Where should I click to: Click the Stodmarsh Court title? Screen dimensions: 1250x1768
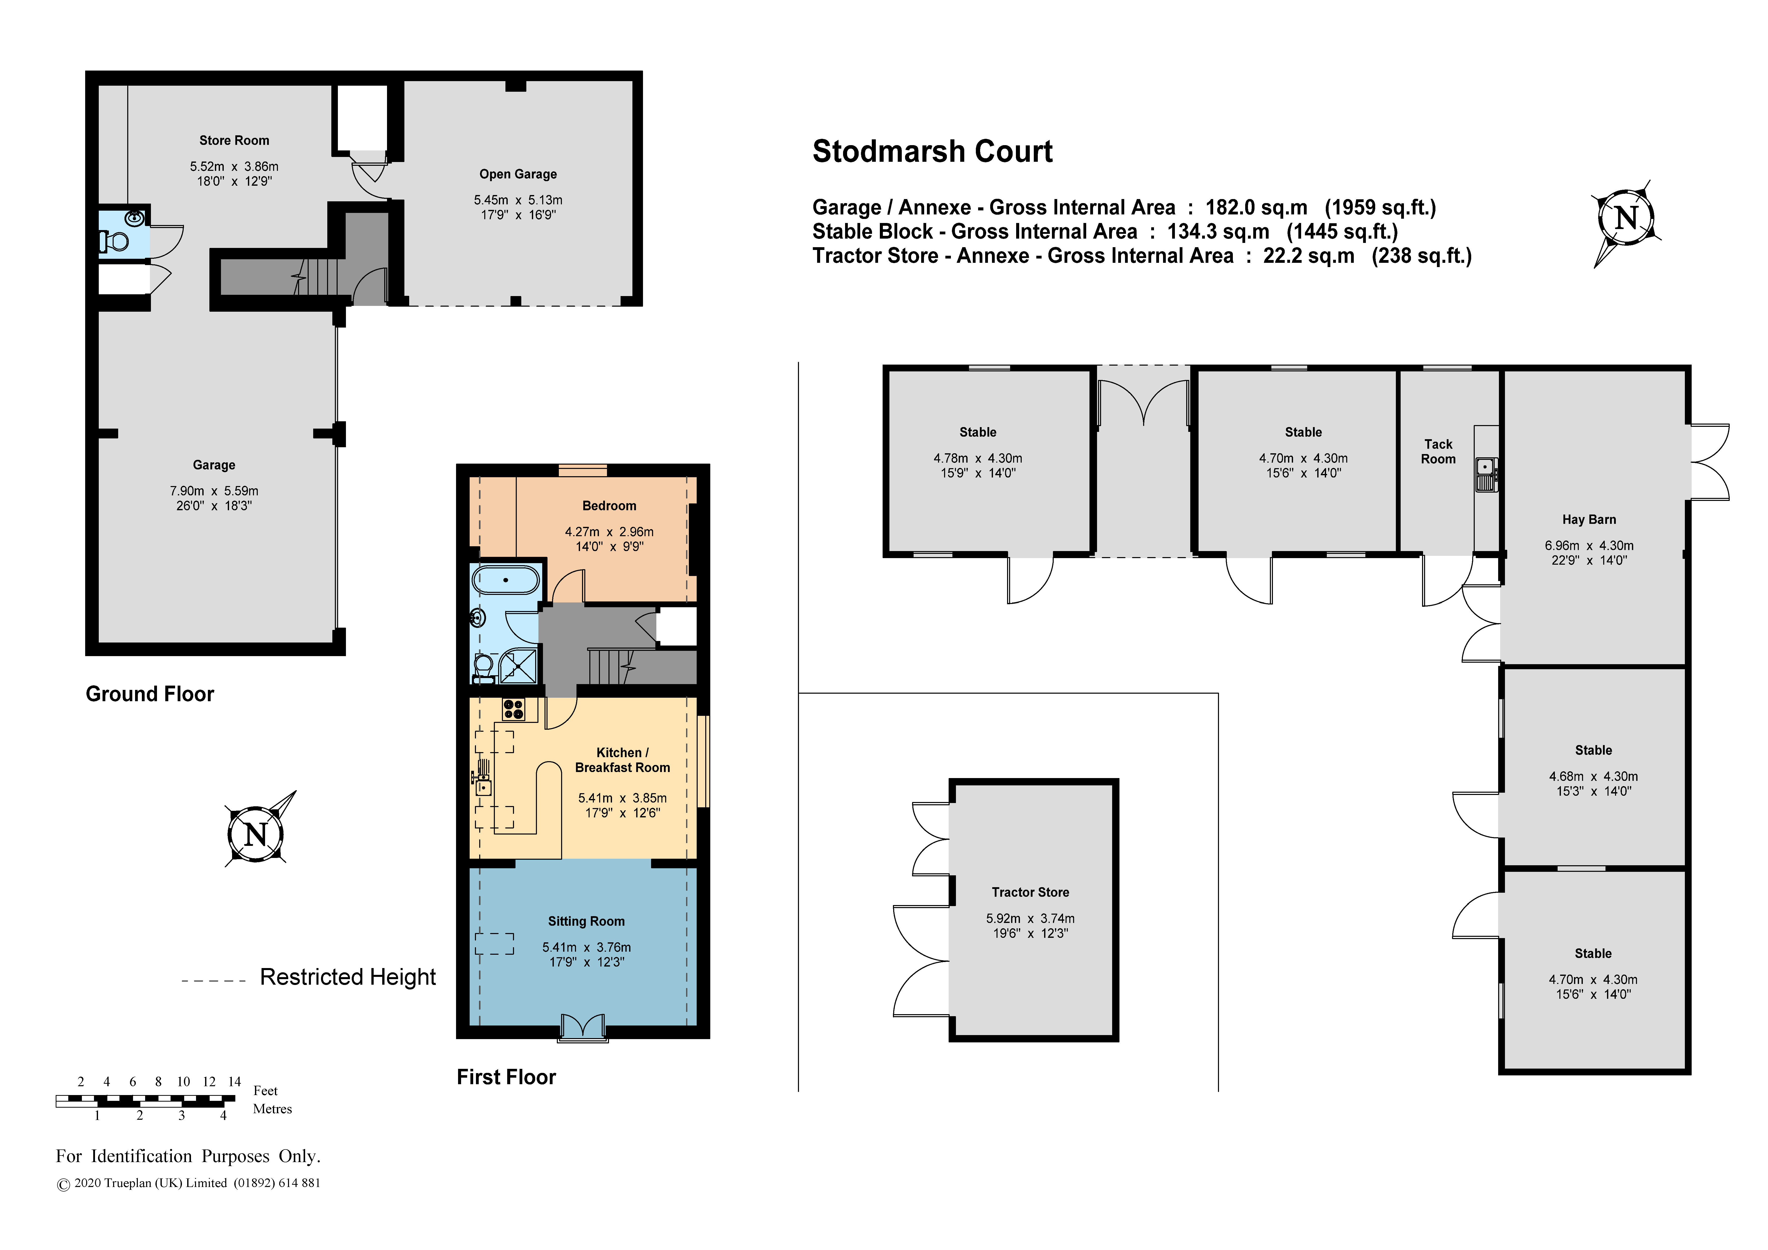(x=932, y=152)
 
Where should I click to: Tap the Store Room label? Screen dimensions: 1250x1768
(x=234, y=140)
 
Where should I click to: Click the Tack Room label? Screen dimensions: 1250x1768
(x=1438, y=451)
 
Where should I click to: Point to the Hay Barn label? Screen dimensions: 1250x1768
(x=1589, y=519)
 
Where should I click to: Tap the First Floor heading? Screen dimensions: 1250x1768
(x=506, y=1077)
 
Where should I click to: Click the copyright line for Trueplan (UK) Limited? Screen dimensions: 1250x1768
(x=189, y=1183)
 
